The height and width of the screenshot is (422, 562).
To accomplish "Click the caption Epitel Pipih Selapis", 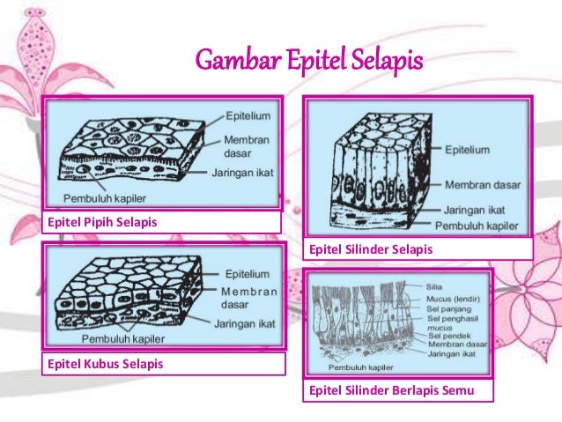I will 102,221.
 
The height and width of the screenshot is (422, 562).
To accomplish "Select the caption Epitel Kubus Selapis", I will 105,362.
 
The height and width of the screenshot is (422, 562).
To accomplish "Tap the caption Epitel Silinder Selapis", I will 370,249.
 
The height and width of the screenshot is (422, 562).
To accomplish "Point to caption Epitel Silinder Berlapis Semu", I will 389,389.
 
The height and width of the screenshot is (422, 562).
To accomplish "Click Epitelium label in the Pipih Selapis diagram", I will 245,115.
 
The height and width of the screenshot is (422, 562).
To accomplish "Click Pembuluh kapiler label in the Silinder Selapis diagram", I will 483,225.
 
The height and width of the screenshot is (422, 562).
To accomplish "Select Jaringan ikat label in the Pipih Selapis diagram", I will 241,174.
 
